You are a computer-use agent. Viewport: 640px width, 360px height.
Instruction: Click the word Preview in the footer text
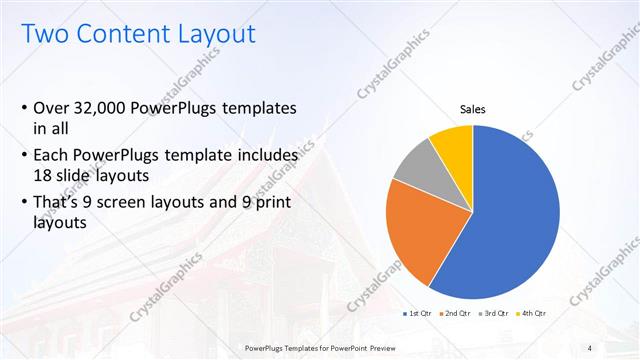[391, 347]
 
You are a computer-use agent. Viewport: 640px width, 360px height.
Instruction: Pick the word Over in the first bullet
[53, 108]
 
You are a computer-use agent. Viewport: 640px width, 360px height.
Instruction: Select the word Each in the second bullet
[53, 155]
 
